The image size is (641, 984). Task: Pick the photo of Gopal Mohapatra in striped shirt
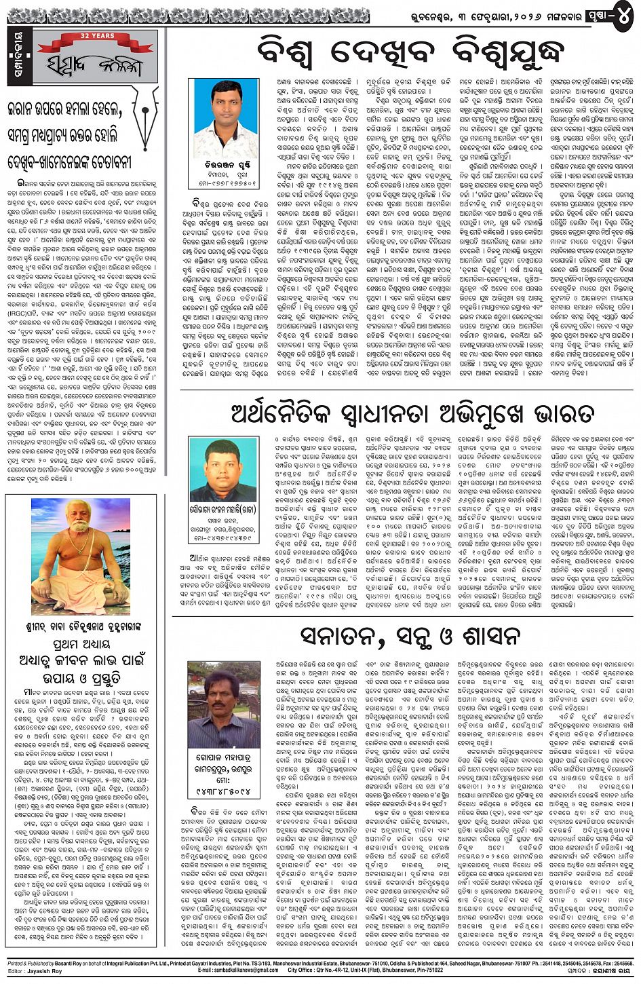[223, 705]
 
